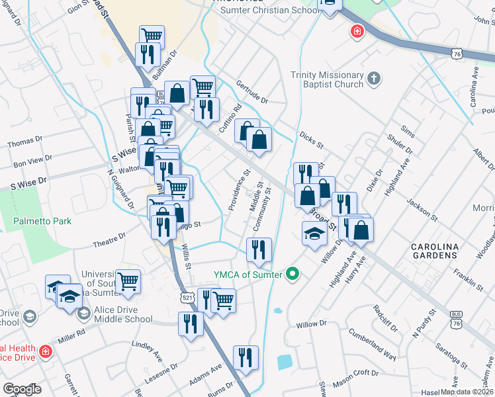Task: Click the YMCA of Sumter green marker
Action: (290, 274)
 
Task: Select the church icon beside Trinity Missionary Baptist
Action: (374, 79)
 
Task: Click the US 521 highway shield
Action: (187, 298)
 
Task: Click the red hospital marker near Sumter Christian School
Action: (357, 32)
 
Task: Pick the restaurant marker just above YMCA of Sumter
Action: (258, 249)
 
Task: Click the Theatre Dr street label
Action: (109, 240)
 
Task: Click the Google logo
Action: (22, 389)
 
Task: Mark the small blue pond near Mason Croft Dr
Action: (285, 362)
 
